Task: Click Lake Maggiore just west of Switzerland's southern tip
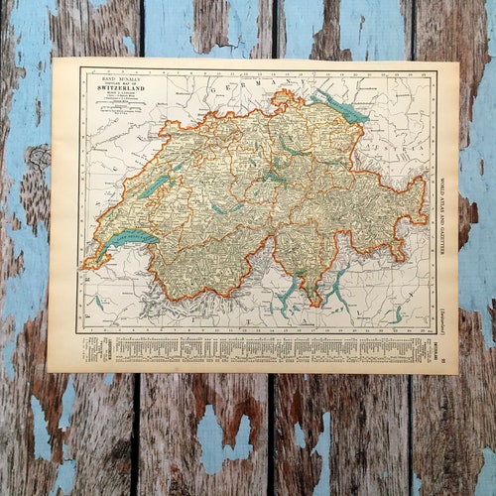tap(287, 290)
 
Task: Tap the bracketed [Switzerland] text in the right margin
tap(443, 311)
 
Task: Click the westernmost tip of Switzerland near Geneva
tap(85, 260)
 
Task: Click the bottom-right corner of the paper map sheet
tap(457, 372)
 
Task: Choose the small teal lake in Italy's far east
tap(396, 315)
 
